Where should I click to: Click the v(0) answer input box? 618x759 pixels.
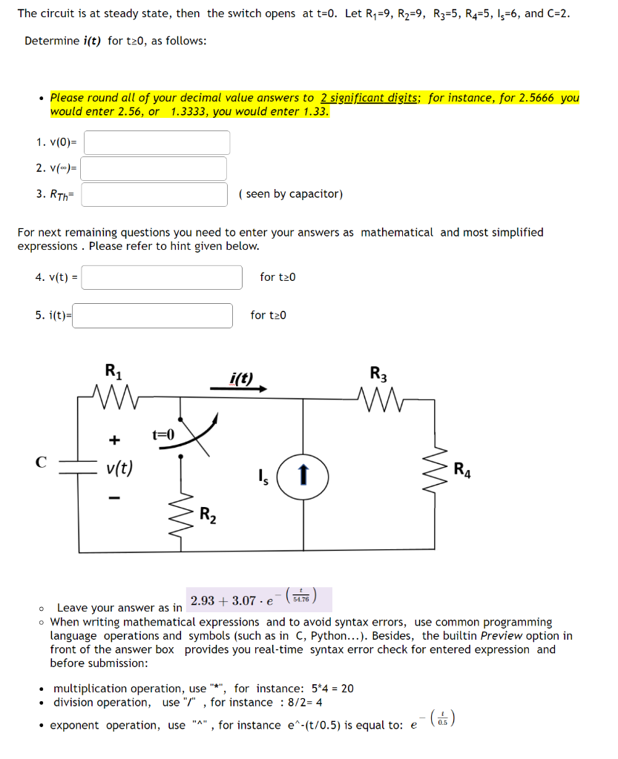click(x=157, y=142)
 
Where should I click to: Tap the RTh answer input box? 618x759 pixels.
click(x=154, y=194)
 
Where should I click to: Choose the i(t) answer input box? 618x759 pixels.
click(x=152, y=315)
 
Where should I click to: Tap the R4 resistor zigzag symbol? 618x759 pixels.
click(x=435, y=470)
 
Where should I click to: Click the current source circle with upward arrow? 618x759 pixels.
click(x=303, y=473)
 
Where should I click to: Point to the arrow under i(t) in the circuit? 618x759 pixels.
click(x=248, y=388)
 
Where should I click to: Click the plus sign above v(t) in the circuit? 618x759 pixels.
click(x=114, y=440)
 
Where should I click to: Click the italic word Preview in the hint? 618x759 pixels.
click(x=501, y=635)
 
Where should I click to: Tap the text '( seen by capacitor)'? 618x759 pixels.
click(x=291, y=194)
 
